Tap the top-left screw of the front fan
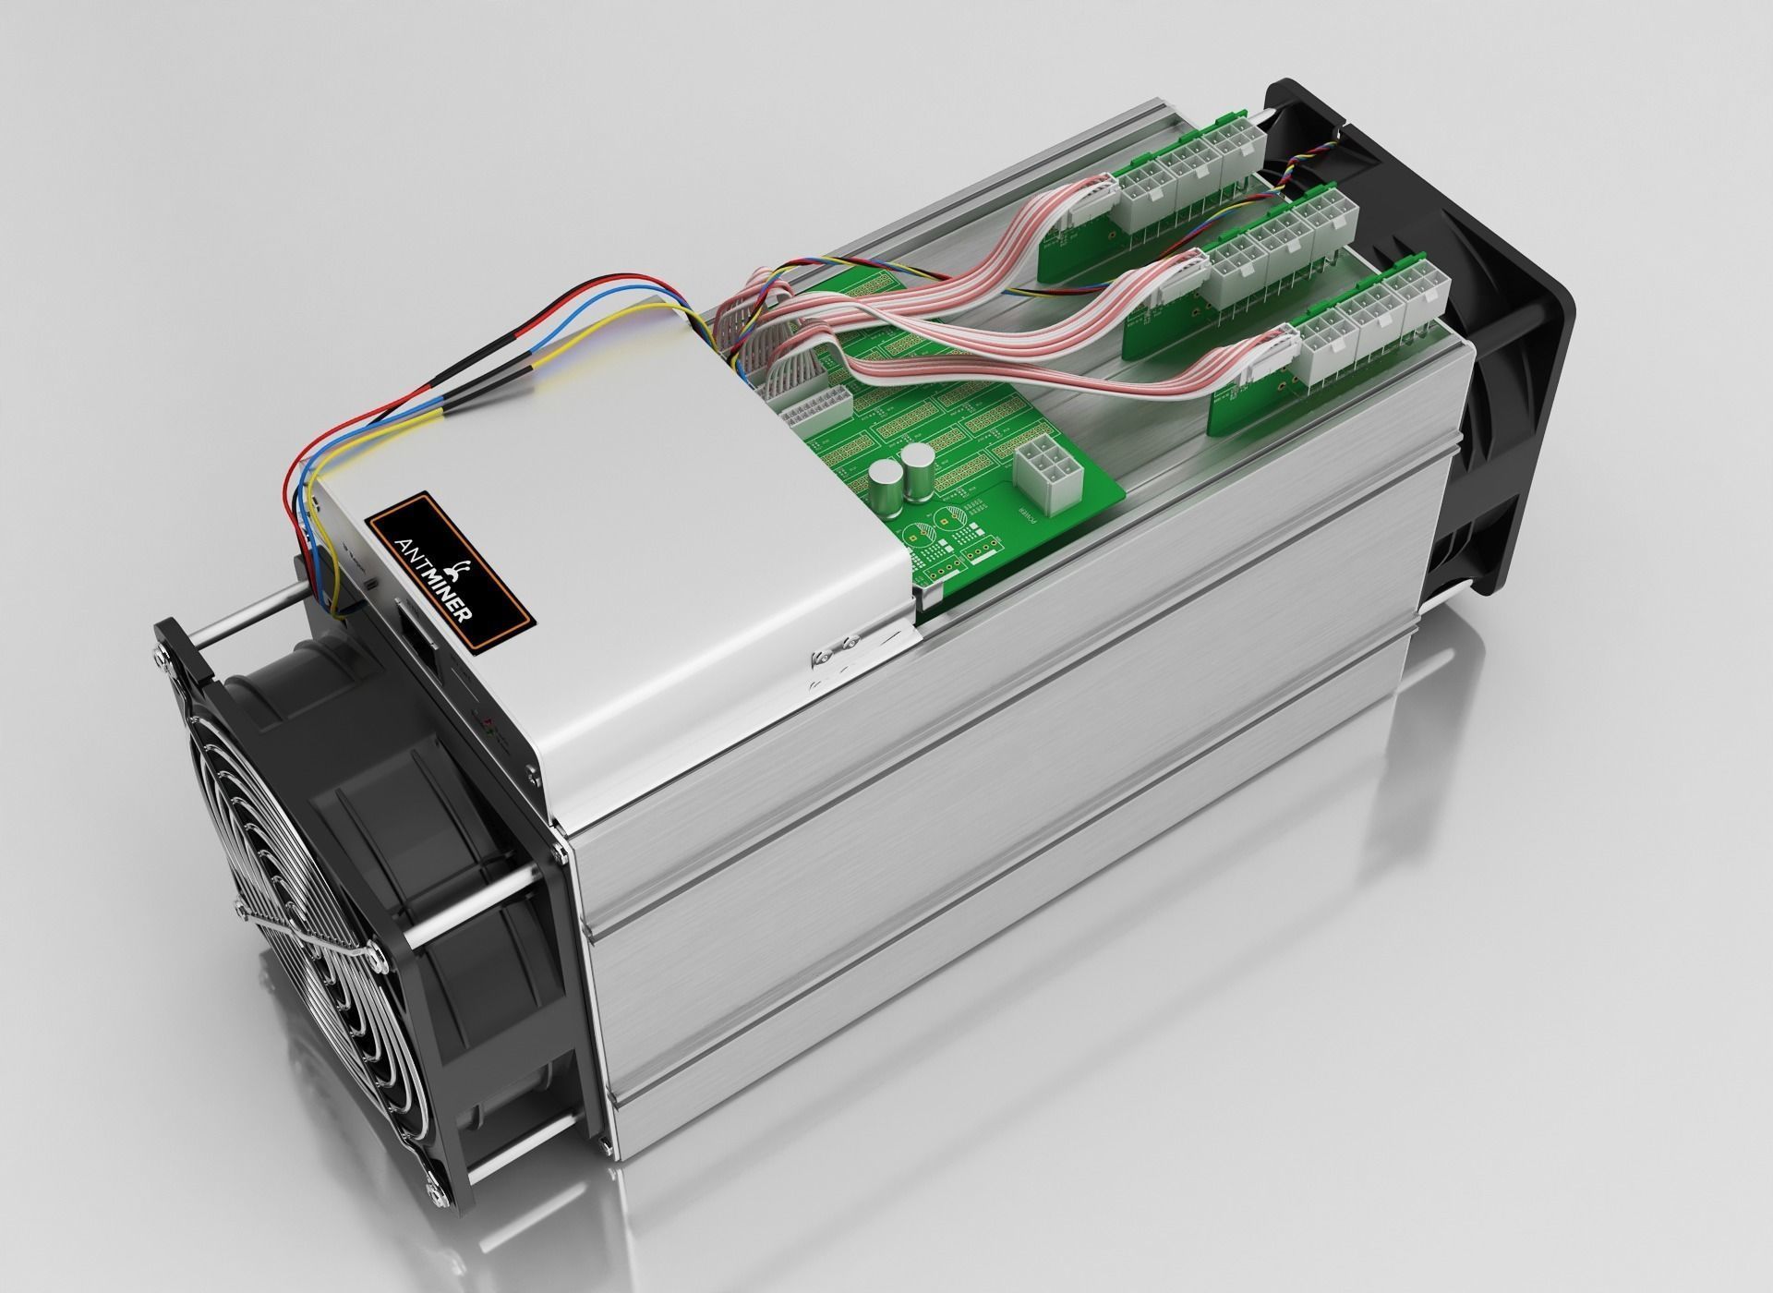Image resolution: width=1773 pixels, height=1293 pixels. coord(167,652)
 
